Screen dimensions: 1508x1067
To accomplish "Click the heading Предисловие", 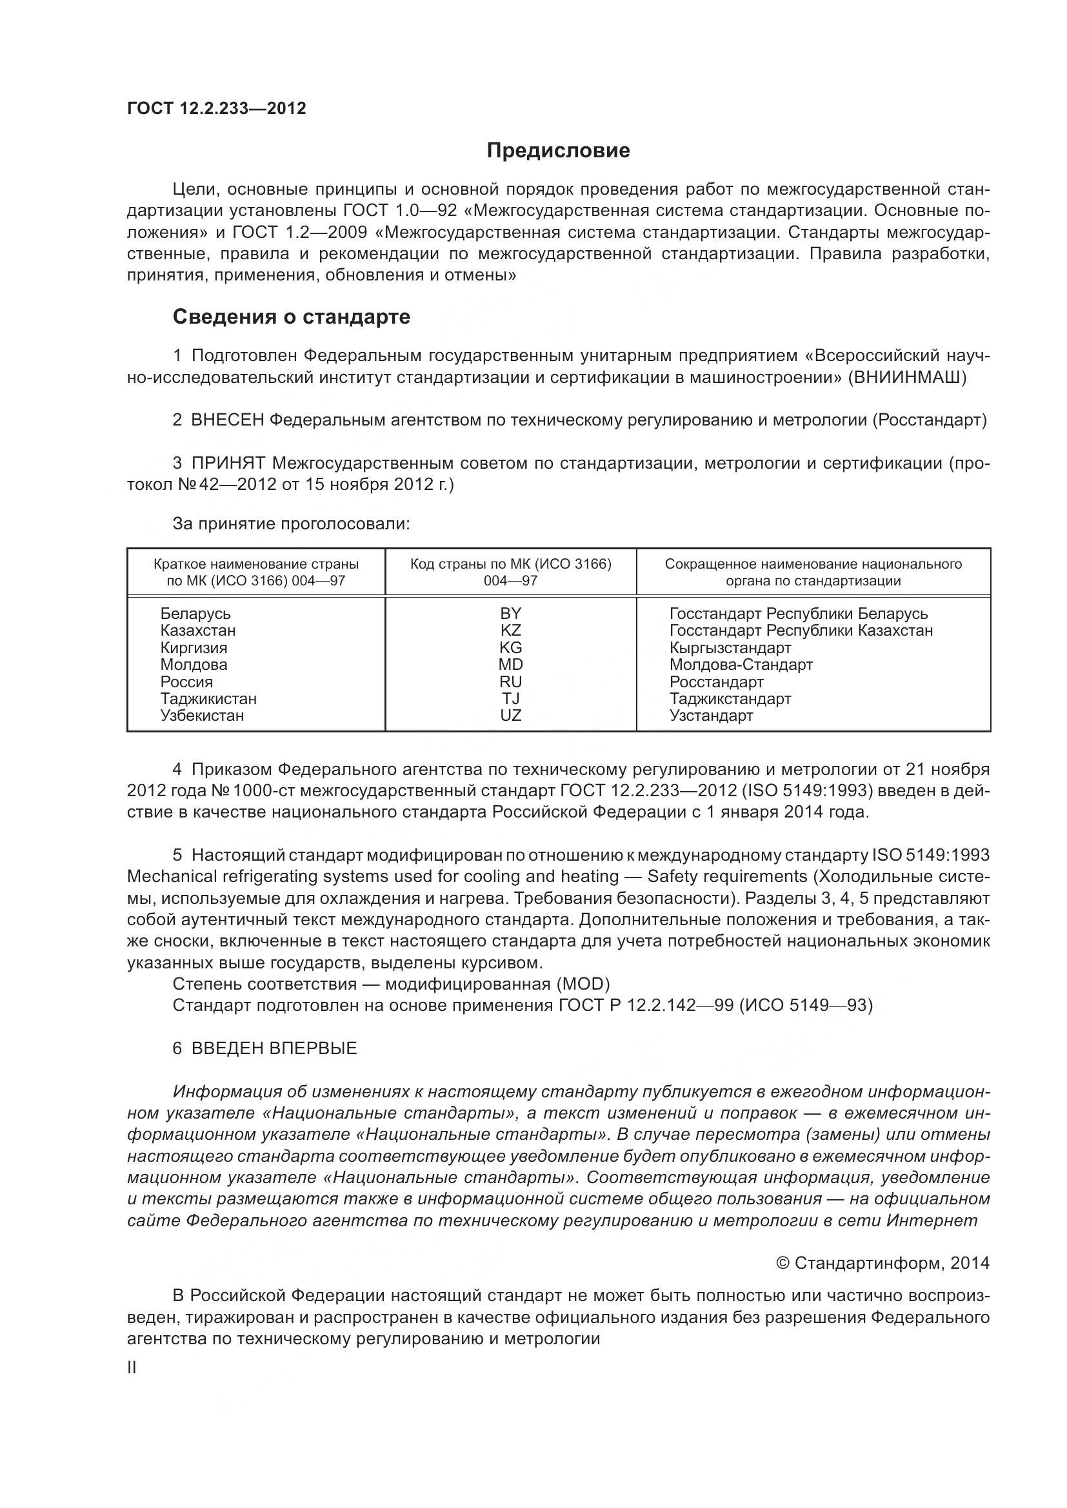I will tap(558, 150).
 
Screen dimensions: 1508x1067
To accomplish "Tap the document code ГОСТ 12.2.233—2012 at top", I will tap(216, 108).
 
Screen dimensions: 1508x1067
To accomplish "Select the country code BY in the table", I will tap(510, 613).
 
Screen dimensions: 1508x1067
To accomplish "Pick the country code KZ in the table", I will tap(510, 631).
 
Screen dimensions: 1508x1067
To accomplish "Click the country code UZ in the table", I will tap(510, 716).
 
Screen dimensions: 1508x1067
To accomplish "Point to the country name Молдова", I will tap(193, 665).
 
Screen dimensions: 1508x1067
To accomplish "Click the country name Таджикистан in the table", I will tap(208, 699).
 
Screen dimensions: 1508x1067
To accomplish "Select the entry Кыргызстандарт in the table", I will tap(730, 647).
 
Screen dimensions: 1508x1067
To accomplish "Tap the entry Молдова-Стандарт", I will tap(741, 665).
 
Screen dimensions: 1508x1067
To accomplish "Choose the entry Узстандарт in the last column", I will tap(711, 716).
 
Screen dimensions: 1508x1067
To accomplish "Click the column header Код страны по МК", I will tap(510, 572).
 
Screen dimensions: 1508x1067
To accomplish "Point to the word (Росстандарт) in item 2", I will tap(930, 420).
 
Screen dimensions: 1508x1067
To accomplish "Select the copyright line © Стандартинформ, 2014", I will tap(883, 1263).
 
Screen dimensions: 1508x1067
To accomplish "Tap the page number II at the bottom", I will tap(132, 1368).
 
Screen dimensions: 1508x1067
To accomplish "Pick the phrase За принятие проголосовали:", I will tap(291, 524).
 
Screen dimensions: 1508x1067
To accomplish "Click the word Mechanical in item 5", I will tap(172, 877).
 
